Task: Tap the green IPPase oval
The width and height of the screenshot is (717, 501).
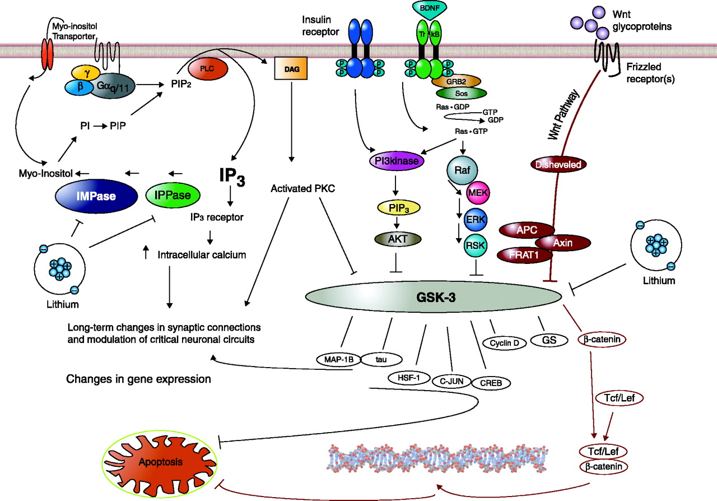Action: click(x=173, y=195)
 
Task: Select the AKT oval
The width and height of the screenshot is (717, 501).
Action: click(x=396, y=239)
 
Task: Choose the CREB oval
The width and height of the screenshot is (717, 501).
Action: click(x=491, y=383)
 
